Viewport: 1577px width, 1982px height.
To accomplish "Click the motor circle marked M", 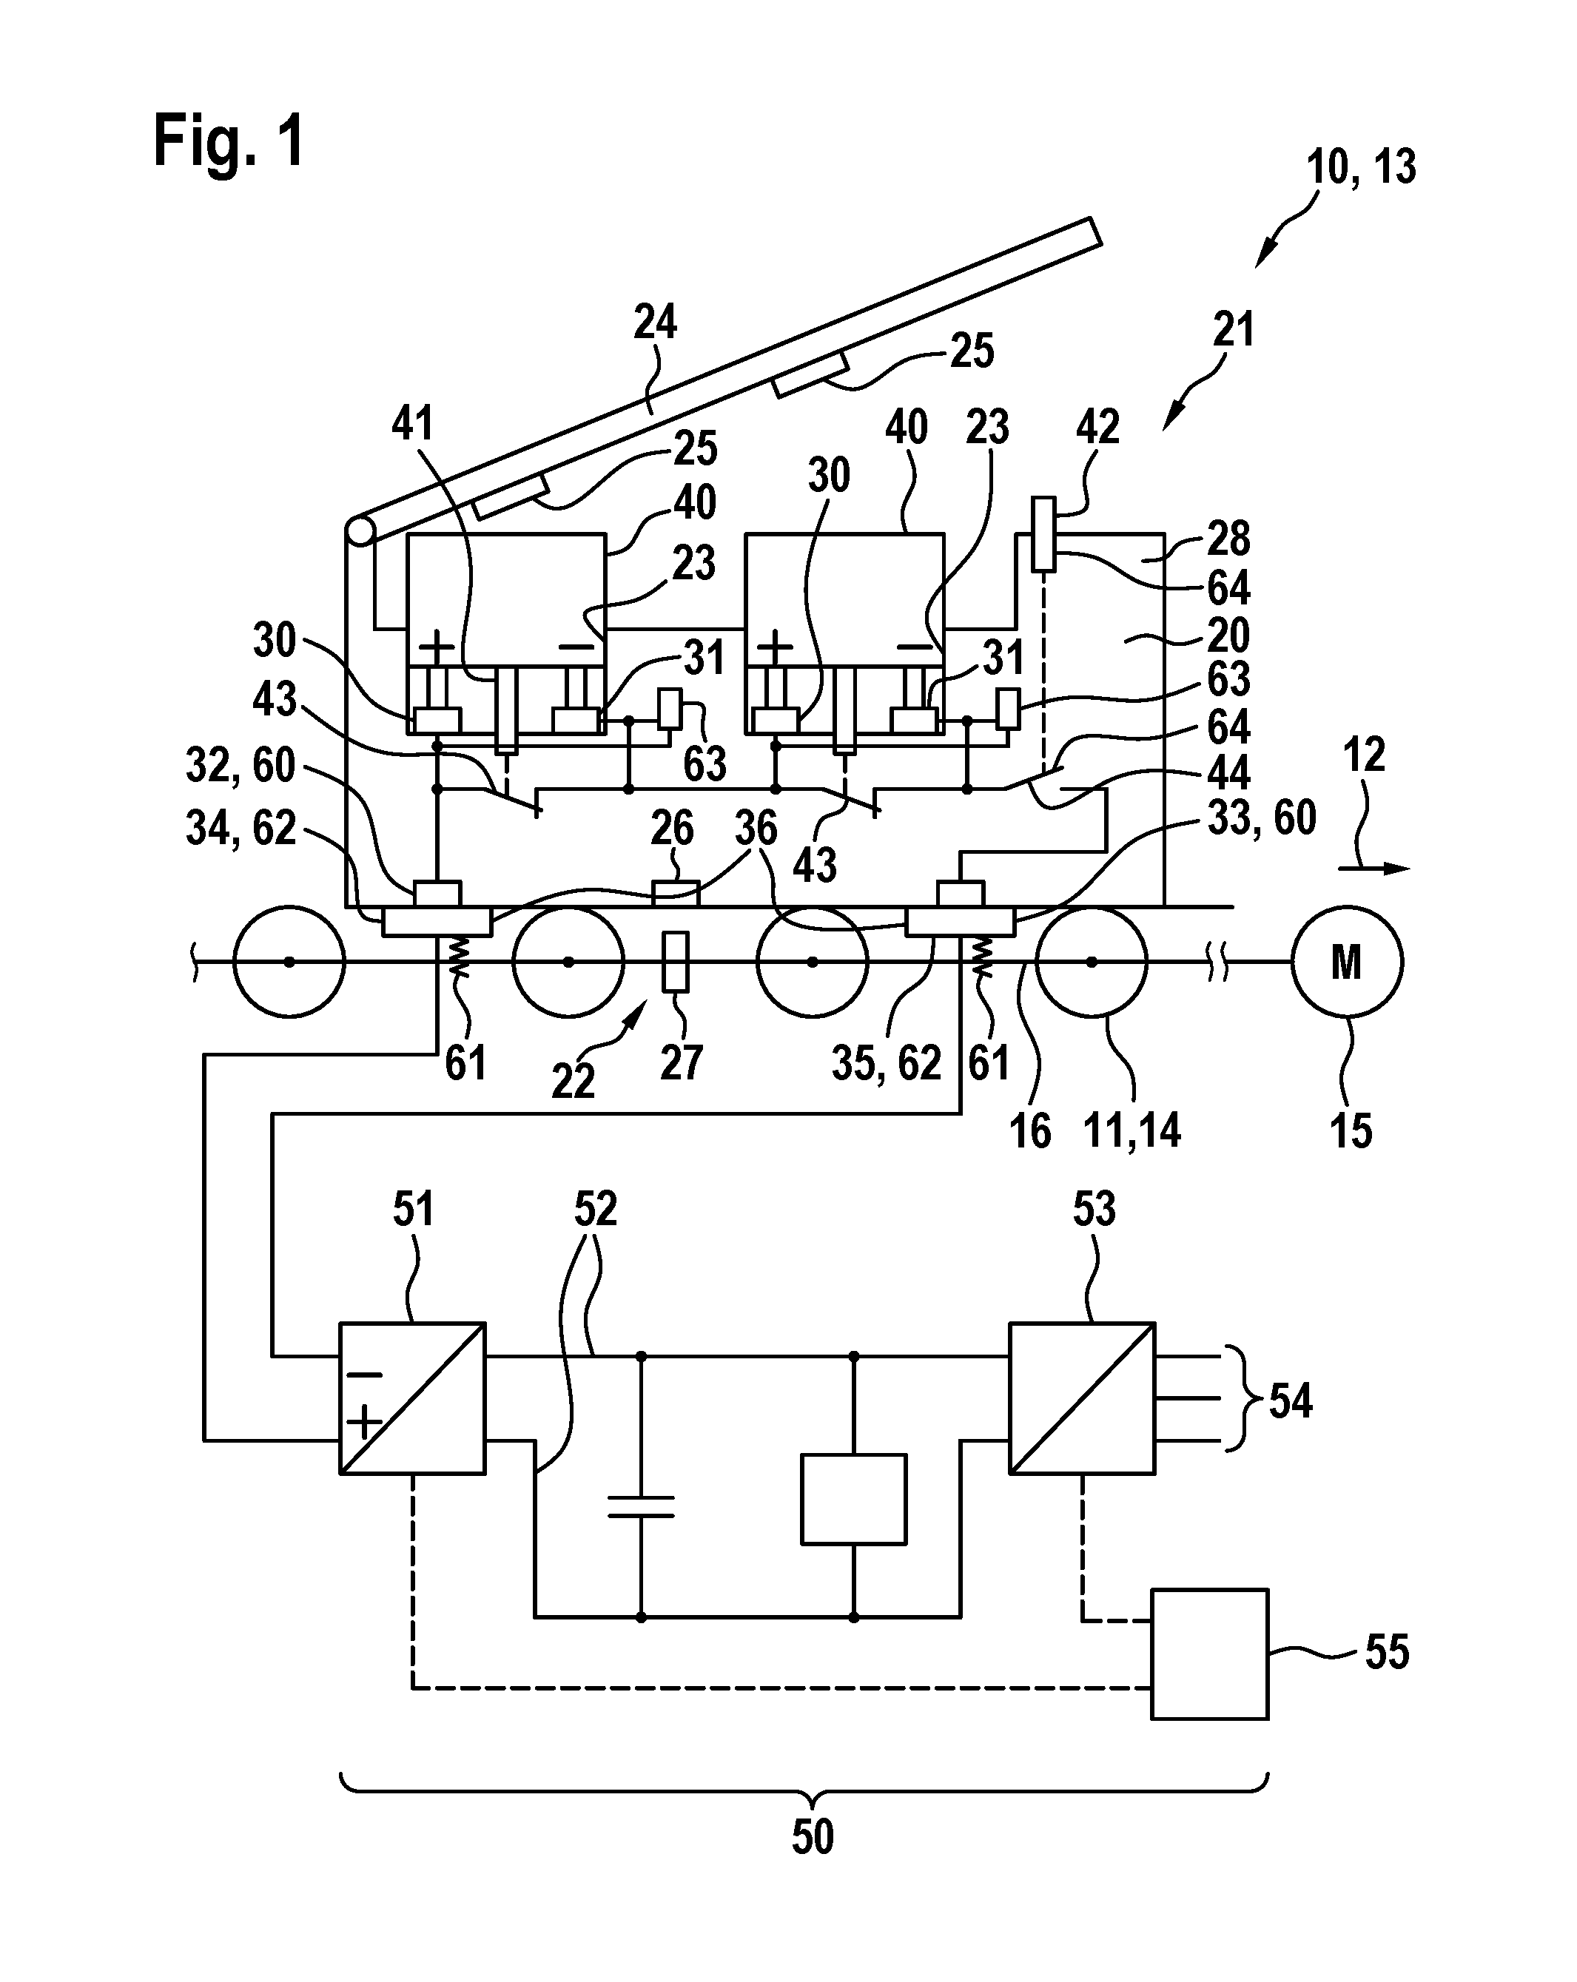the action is pos(1347,962).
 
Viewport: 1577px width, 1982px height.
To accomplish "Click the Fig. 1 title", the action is pos(228,141).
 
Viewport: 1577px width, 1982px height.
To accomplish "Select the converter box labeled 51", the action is pos(413,1398).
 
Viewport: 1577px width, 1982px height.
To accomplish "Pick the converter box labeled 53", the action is pos(1082,1398).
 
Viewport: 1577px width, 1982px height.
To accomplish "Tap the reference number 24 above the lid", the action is pos(656,323).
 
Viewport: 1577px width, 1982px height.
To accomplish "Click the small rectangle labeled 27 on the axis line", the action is pos(676,963).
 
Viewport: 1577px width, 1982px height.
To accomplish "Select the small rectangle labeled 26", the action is pos(676,894).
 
